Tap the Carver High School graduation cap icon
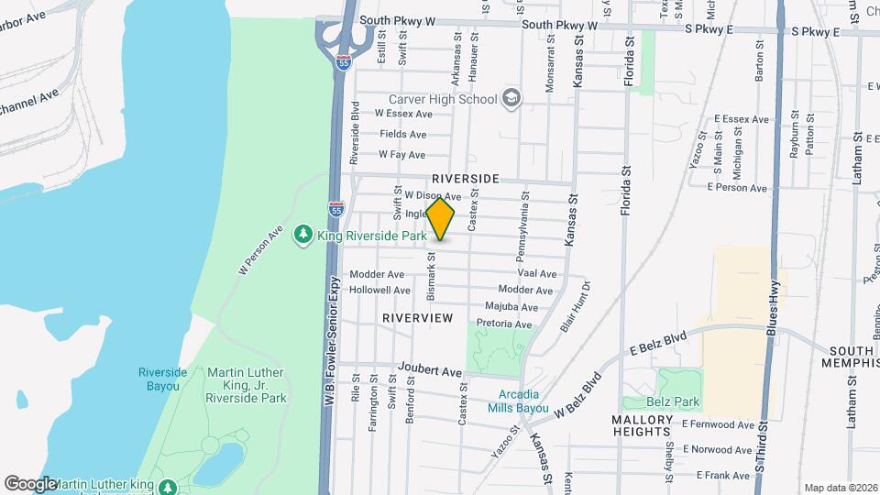tap(511, 99)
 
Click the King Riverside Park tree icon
tap(302, 236)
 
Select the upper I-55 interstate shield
tap(343, 62)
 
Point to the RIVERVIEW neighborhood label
tap(418, 317)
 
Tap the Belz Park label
tap(679, 401)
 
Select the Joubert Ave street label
tap(430, 372)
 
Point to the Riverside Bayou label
tap(162, 379)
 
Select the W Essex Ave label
tap(402, 114)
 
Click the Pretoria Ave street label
tap(504, 324)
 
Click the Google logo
tap(31, 483)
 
